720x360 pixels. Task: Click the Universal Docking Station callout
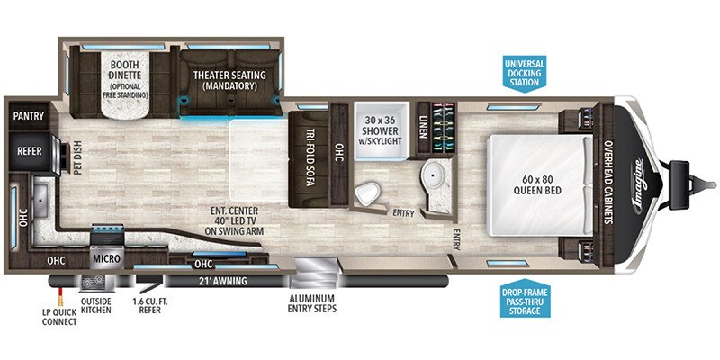coord(524,74)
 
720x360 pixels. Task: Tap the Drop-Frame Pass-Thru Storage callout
coord(524,298)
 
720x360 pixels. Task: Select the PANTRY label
coord(29,116)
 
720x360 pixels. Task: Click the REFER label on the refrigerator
coord(30,151)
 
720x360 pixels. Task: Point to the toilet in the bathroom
coord(368,193)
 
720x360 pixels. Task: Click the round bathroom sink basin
coord(432,173)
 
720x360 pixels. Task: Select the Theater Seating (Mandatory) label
coord(229,80)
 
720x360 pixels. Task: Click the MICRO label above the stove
coord(106,259)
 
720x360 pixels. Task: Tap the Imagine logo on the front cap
coord(640,186)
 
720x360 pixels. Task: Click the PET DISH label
coord(76,158)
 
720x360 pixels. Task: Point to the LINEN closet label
coord(422,125)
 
